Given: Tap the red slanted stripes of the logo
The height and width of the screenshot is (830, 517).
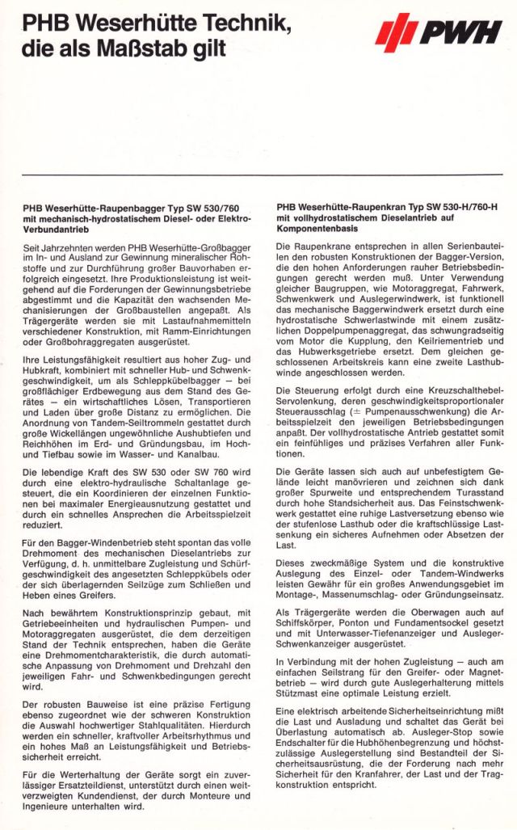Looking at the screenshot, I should click(x=396, y=33).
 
